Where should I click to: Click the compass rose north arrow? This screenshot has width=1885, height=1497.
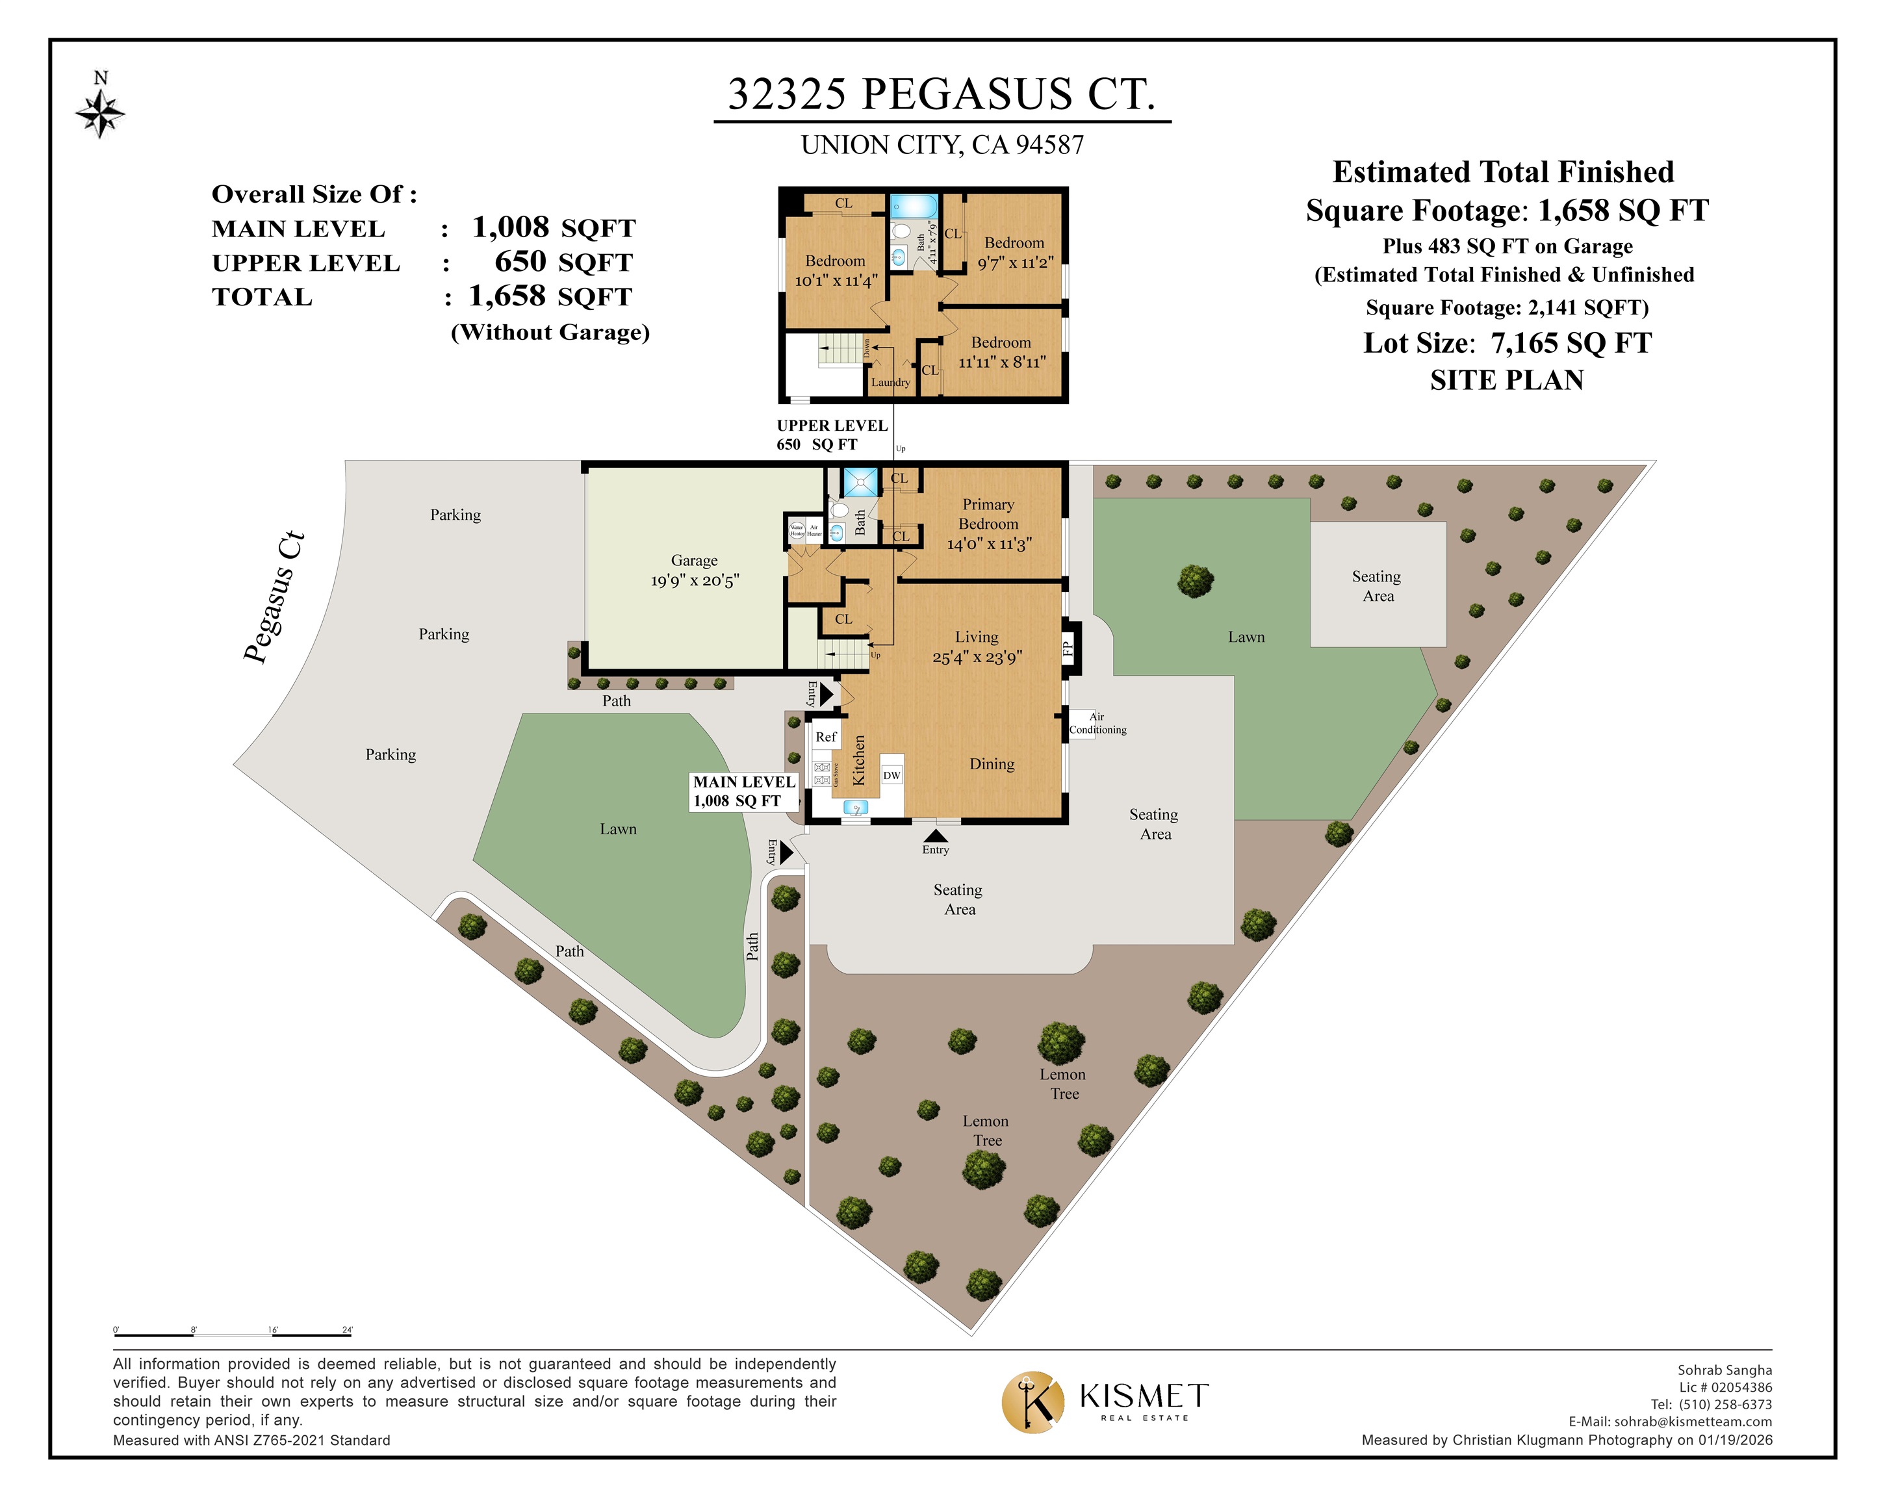[101, 109]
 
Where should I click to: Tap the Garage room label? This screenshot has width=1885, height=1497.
[694, 561]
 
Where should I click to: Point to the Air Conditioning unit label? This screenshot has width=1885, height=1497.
[1097, 723]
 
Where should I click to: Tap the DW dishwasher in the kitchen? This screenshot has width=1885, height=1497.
[891, 774]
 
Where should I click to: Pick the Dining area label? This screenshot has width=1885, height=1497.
[992, 764]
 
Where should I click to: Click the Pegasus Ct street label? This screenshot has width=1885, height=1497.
[274, 596]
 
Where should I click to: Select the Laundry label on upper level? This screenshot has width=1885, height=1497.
[890, 382]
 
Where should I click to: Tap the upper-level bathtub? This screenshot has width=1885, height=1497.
[913, 207]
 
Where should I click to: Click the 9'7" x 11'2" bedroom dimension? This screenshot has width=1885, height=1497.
[1015, 263]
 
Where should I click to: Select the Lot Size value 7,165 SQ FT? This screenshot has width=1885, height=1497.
[1571, 344]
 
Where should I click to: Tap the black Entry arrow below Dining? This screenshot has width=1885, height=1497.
[936, 836]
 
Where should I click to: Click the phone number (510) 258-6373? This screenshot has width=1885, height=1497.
[1725, 1404]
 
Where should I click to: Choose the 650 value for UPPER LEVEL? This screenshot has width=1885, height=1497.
[520, 261]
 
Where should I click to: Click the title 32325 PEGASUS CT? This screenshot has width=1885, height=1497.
[942, 94]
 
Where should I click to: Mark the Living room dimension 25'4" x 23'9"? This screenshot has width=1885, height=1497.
[977, 658]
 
